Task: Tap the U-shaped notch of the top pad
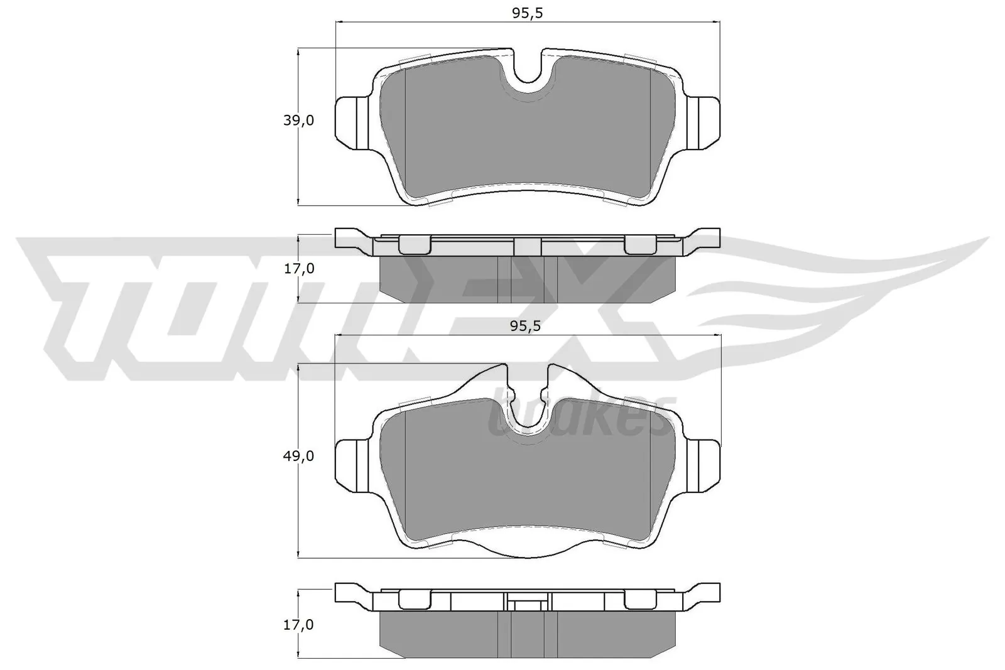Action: pos(528,72)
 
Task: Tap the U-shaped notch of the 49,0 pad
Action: pos(528,408)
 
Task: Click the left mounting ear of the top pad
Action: pos(352,120)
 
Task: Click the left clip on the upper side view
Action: pos(415,245)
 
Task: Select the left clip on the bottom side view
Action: pos(415,601)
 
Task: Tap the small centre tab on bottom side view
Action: pos(528,605)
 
